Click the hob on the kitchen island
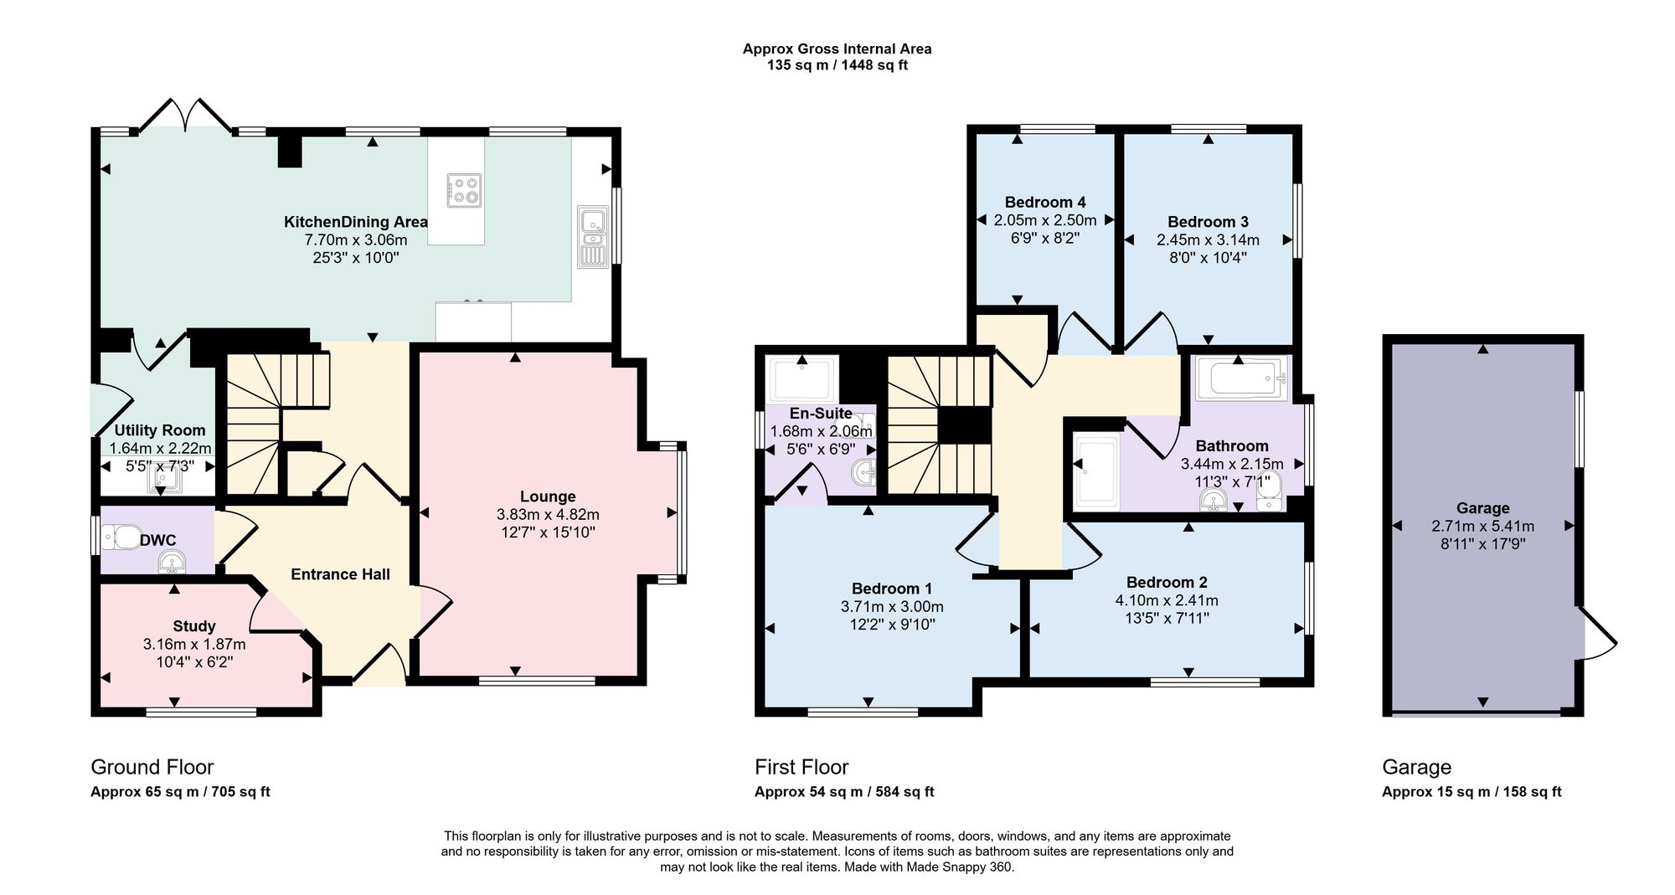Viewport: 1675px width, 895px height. coord(464,189)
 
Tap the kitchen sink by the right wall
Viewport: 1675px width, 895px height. coord(594,237)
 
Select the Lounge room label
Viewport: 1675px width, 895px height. coord(548,496)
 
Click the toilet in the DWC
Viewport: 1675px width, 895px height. coord(121,537)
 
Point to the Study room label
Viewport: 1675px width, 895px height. coord(194,626)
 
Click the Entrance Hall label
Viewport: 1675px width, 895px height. coord(341,574)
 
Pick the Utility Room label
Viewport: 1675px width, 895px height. coord(160,430)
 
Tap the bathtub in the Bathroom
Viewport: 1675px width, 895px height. coord(1240,378)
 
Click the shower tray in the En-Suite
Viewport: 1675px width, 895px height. coord(801,379)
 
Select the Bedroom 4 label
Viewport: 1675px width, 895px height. coord(1045,202)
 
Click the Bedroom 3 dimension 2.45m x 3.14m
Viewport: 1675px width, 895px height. coord(1208,239)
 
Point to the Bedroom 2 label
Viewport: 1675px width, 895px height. coord(1167,582)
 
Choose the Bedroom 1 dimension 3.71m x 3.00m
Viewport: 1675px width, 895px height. coord(892,606)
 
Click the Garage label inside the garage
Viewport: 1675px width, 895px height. coord(1483,508)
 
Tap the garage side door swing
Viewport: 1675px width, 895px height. coord(1597,634)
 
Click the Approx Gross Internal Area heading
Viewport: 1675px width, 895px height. coord(837,49)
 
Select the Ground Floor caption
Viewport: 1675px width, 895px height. coord(152,767)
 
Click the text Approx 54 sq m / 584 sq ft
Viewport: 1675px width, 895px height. coord(844,792)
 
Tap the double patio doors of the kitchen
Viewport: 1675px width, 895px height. coord(186,116)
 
